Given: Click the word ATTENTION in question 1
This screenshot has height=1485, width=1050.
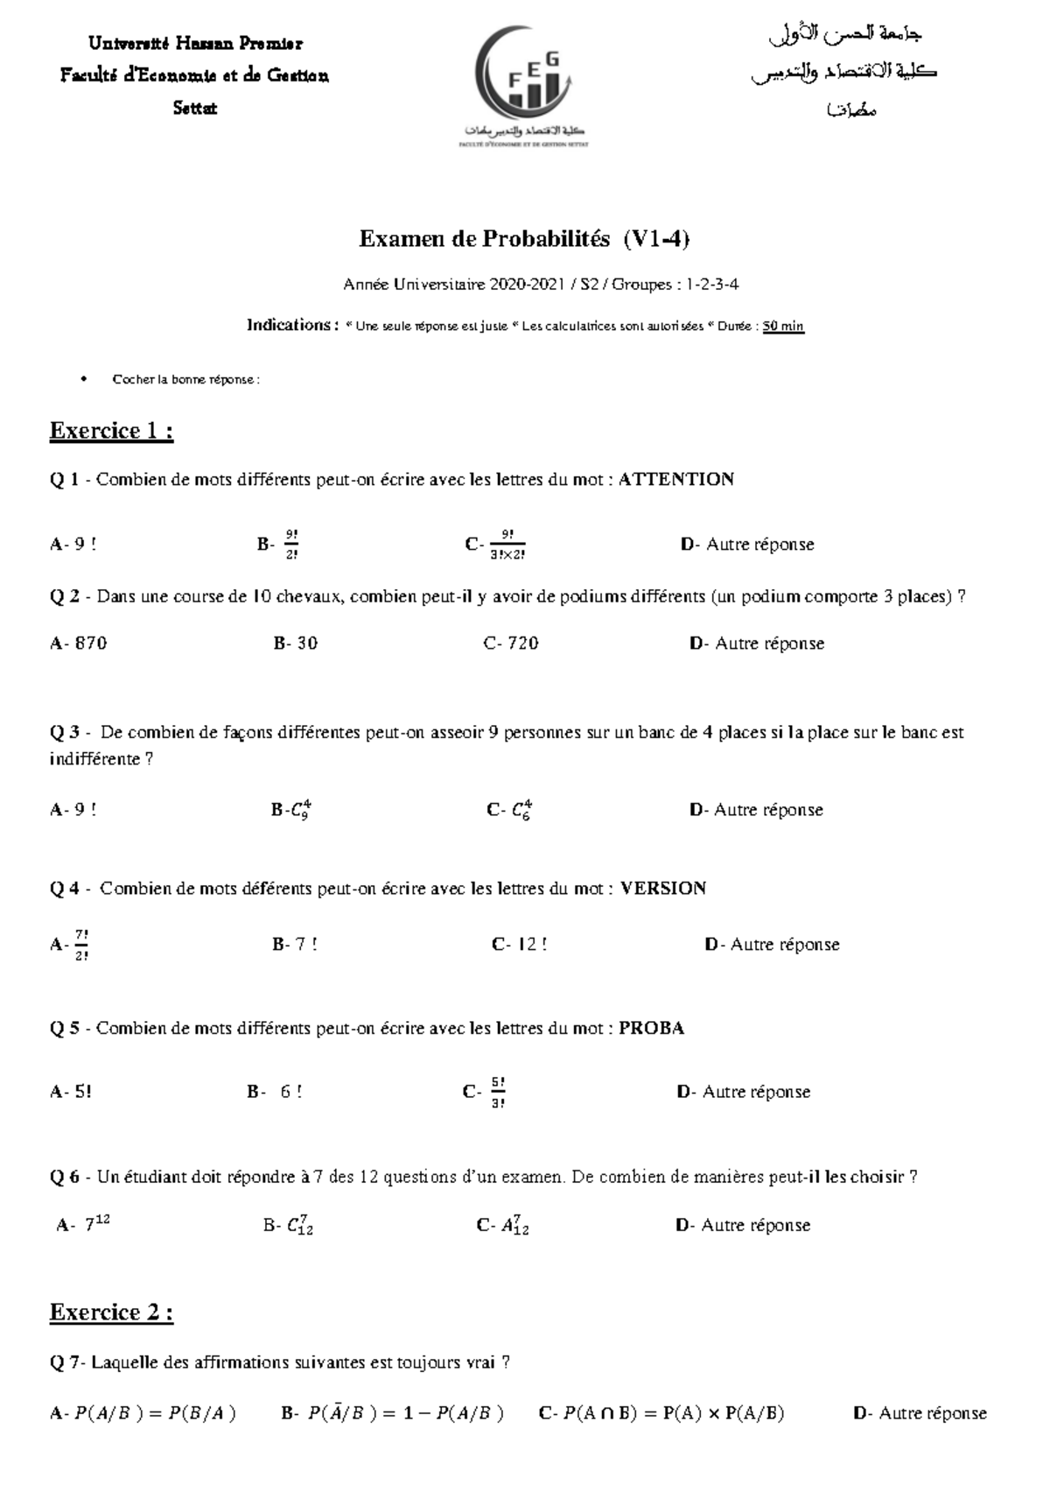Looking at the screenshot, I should [675, 479].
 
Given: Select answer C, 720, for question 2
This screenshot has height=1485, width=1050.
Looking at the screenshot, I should [512, 644].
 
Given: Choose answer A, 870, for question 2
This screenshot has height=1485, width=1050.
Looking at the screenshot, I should [80, 644].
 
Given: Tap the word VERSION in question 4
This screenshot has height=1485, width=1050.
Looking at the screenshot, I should [662, 889].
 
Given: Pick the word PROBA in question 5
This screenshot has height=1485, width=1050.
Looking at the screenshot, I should [651, 1028].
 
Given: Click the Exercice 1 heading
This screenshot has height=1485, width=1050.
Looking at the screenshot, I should [111, 431].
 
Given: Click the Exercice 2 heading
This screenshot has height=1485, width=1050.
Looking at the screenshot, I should [111, 1313].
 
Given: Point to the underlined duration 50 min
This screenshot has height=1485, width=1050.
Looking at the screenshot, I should [782, 327].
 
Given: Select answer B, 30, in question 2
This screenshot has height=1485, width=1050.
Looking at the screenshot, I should [296, 644].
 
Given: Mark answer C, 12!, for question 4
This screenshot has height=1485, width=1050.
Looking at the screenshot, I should [521, 945].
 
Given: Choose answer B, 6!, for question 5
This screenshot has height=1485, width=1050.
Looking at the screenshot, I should [276, 1092].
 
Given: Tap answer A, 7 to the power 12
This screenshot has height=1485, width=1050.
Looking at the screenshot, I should [85, 1225].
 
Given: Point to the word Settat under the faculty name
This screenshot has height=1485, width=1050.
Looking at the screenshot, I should [194, 109].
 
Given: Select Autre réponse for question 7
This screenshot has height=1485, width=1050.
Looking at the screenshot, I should [920, 1413].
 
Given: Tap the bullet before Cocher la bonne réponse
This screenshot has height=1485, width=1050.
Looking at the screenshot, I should [83, 379].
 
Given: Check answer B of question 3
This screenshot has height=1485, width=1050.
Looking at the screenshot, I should [292, 810].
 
